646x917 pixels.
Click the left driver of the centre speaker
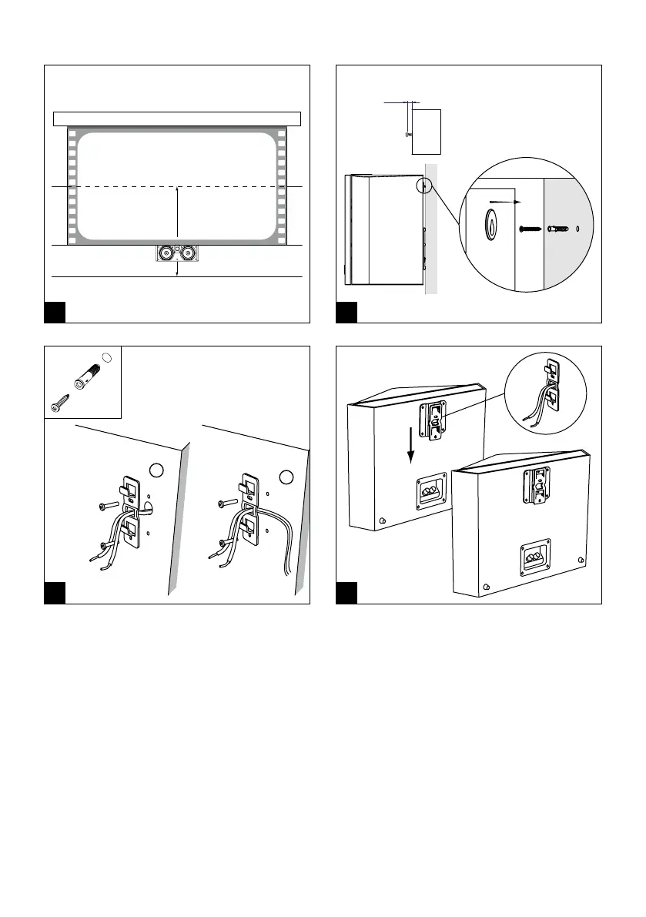pos(166,253)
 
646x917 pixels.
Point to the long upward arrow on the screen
pos(177,216)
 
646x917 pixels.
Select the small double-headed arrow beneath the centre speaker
pos(177,269)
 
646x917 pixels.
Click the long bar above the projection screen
pos(176,119)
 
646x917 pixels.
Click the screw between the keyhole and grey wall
pos(529,229)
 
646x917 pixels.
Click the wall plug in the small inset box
pos(85,373)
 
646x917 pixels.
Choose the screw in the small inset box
pos(60,403)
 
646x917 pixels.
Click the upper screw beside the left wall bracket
pos(108,505)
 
